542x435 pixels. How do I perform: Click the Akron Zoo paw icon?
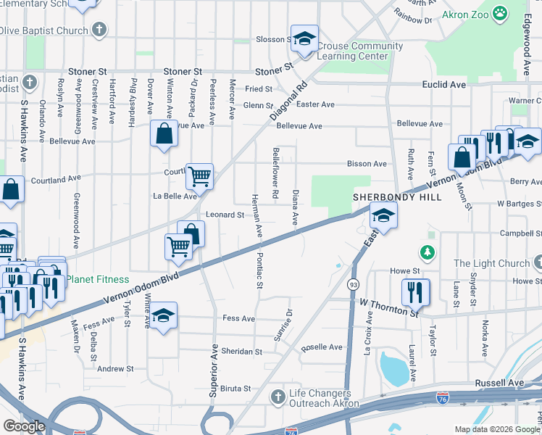coord(500,12)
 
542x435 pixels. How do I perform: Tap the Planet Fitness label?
coord(98,279)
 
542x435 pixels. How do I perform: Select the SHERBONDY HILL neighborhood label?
coord(387,196)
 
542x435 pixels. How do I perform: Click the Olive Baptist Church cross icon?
coord(100,30)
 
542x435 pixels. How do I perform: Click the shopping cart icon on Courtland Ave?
coord(199,175)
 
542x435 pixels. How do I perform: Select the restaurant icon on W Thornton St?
coord(415,291)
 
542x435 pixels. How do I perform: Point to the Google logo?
coord(24,426)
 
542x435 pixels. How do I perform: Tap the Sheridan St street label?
coord(243,351)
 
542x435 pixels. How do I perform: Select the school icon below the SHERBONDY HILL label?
coord(383,214)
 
